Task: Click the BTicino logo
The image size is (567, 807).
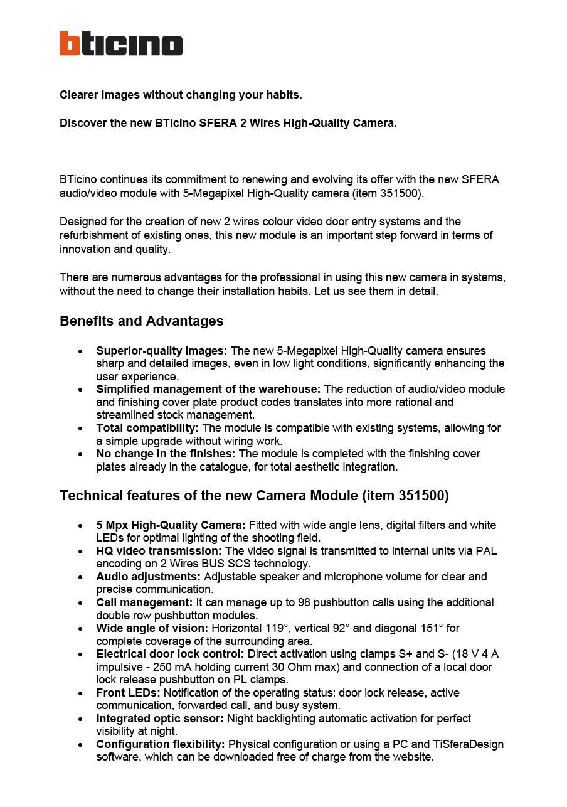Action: click(x=121, y=43)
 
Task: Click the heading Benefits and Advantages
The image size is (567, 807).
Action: click(x=141, y=321)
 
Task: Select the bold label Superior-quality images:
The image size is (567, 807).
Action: click(x=162, y=351)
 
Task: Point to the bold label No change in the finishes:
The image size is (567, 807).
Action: click(x=166, y=454)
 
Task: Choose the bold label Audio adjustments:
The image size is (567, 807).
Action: click(x=149, y=577)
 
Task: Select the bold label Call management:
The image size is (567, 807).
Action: click(x=144, y=602)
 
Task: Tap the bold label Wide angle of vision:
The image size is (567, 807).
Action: click(x=152, y=628)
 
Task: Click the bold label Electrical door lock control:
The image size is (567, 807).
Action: click(x=170, y=654)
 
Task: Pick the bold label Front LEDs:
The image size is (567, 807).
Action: click(x=128, y=693)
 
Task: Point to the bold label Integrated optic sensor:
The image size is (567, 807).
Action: click(x=160, y=719)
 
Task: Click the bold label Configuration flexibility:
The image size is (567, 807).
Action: click(x=161, y=744)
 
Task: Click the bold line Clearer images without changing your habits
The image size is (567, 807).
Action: click(x=181, y=95)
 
